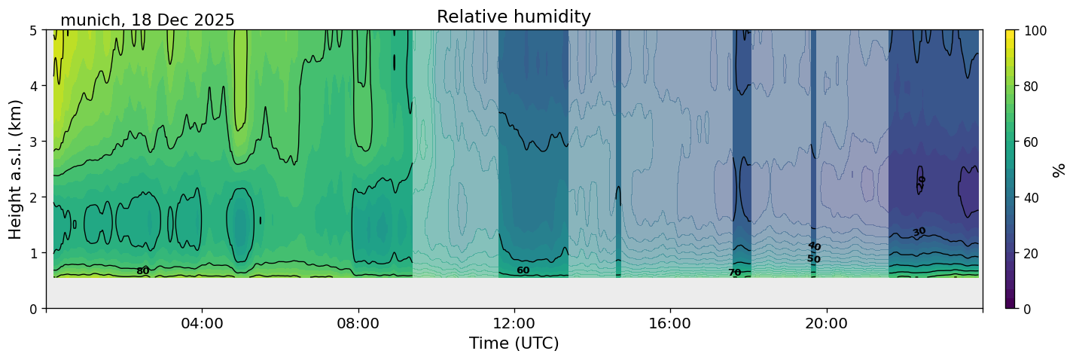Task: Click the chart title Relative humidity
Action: point(514,17)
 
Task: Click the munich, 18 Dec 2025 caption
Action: point(148,20)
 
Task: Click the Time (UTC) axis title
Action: point(514,343)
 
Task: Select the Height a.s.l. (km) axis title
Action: point(16,169)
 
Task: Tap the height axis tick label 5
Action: point(34,31)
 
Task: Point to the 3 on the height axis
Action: point(34,142)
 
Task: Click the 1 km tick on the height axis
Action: point(34,253)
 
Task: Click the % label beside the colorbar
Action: point(1059,169)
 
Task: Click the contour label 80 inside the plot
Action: point(142,271)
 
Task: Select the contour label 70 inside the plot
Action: point(734,273)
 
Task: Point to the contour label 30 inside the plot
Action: point(919,232)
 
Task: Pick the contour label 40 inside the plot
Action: point(814,246)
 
